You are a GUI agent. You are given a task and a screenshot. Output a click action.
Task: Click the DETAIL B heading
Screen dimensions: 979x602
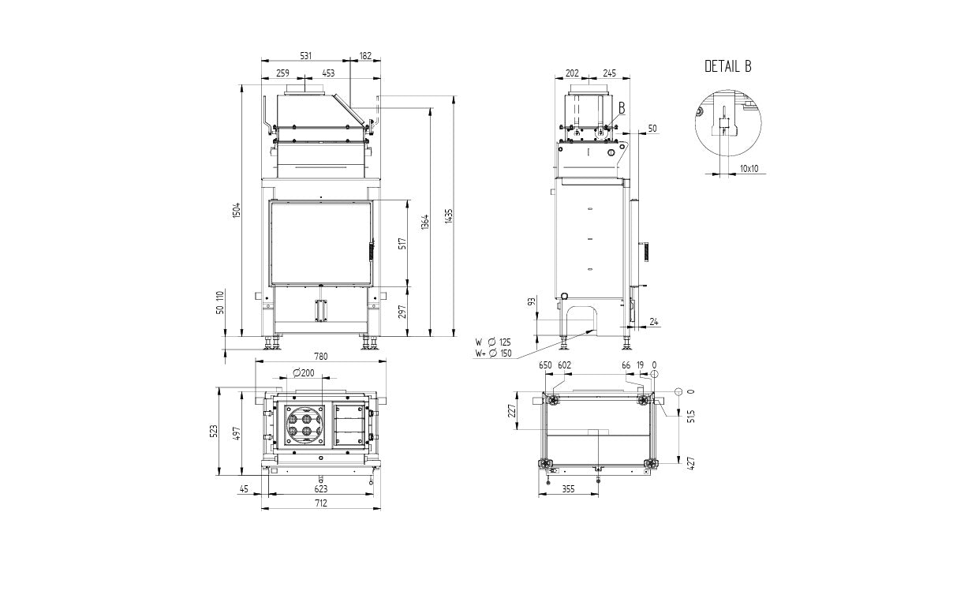click(728, 66)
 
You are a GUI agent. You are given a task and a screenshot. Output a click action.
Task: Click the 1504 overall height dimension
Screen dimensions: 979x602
click(237, 211)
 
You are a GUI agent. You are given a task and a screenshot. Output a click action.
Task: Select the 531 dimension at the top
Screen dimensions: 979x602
click(306, 56)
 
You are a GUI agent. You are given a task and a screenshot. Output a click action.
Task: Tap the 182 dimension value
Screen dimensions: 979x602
click(365, 56)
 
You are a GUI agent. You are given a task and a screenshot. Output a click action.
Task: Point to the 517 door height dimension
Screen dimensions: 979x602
click(402, 244)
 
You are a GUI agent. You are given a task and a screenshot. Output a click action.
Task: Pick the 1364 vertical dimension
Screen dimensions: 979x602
click(425, 222)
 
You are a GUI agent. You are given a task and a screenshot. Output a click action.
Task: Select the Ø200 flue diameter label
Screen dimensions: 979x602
click(304, 373)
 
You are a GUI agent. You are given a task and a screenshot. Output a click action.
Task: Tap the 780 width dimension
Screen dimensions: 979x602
click(321, 357)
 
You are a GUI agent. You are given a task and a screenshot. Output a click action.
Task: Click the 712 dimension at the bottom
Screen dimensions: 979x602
click(321, 503)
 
